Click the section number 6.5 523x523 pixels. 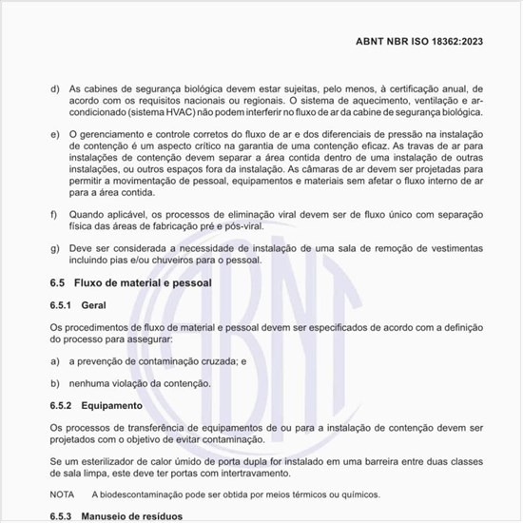pos(57,282)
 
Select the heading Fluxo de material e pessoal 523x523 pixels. pos(142,282)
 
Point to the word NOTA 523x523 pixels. pos(62,494)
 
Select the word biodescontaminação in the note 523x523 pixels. pos(146,494)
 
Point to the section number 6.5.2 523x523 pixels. pos(64,404)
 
